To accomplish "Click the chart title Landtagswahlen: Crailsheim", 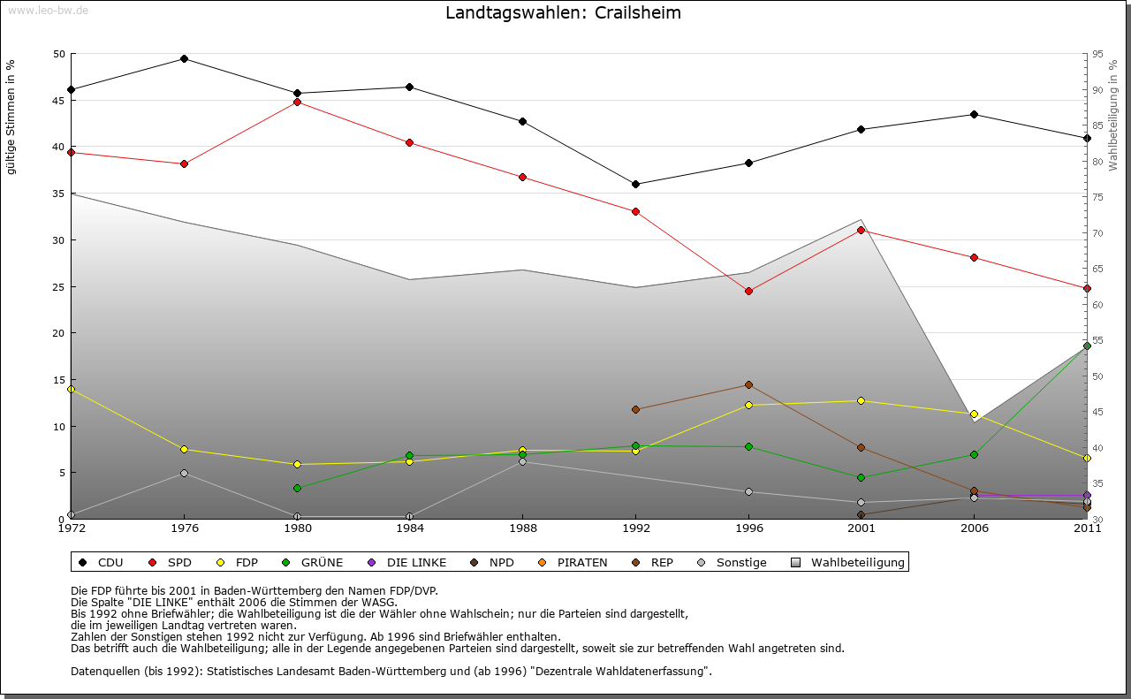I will [x=563, y=13].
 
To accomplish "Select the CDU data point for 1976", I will [x=184, y=59].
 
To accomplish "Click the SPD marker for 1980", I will [x=297, y=103].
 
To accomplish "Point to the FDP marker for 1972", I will [x=71, y=389].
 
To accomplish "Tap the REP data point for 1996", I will [x=748, y=385].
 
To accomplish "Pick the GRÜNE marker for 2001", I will [x=861, y=478].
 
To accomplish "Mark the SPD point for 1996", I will [x=748, y=291].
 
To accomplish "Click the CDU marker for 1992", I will [x=635, y=185].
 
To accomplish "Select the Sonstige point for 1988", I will [x=522, y=462].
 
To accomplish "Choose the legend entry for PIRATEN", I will [x=573, y=563].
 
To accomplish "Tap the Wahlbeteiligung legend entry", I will [x=848, y=563].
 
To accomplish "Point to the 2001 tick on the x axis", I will [x=861, y=528].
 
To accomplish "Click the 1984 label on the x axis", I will [x=410, y=528].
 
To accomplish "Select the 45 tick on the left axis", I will [x=60, y=101].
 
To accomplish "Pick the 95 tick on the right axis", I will [x=1097, y=55].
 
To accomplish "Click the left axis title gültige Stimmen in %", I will [x=11, y=118].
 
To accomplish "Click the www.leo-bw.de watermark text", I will [x=48, y=10].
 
